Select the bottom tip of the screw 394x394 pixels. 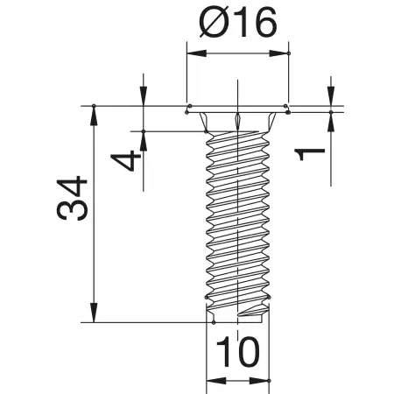[238, 315]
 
